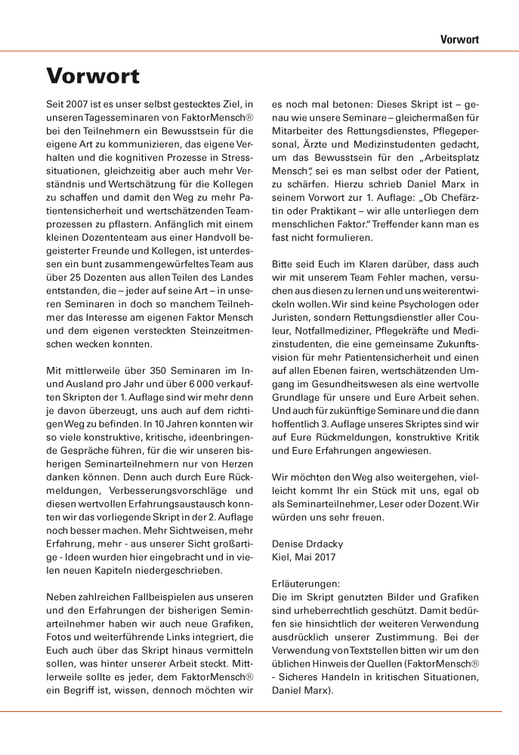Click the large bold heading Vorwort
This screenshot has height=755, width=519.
coord(93,76)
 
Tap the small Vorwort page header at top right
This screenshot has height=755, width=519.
coord(460,39)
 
